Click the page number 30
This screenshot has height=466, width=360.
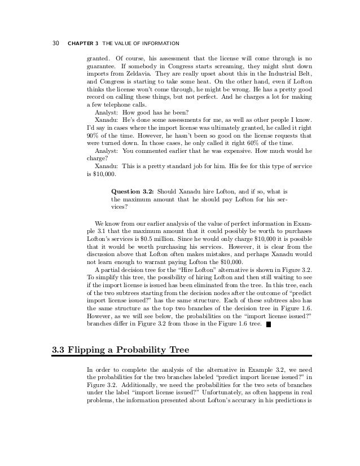[x=56, y=43]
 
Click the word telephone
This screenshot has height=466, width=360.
[x=118, y=105]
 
